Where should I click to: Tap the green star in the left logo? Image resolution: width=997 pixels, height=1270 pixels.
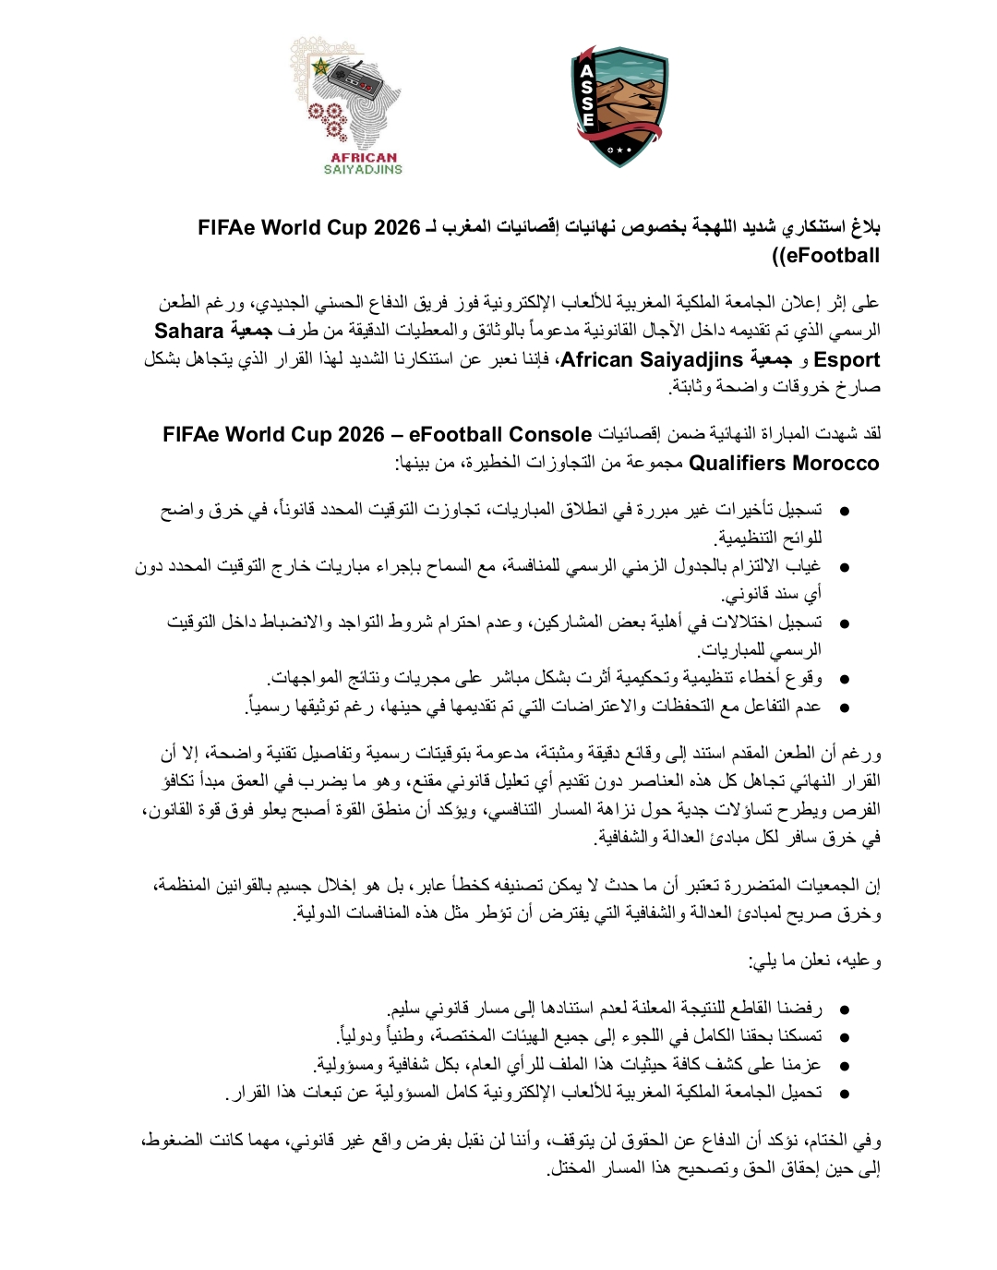click(x=320, y=67)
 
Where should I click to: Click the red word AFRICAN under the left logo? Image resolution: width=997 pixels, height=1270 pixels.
click(x=364, y=157)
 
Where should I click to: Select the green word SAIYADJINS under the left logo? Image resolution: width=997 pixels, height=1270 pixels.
click(x=363, y=169)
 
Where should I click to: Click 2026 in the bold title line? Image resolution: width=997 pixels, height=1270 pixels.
click(x=397, y=227)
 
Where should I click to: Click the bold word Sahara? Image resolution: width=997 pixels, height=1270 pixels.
click(x=189, y=331)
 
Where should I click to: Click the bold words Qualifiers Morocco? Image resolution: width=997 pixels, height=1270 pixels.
click(x=784, y=463)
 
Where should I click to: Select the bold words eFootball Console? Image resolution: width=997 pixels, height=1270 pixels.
click(x=499, y=434)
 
